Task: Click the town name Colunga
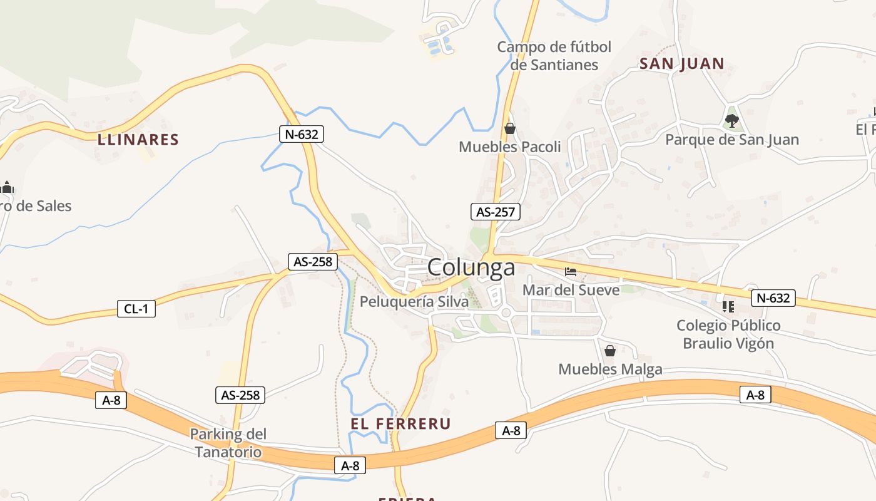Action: (471, 267)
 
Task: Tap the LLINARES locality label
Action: (138, 140)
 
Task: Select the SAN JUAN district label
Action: (681, 63)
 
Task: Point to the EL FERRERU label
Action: (400, 424)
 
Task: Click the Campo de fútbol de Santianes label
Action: (554, 56)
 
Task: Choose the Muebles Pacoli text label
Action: (509, 147)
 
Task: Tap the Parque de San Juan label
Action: (731, 140)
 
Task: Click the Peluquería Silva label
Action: (414, 302)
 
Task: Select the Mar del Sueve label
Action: (571, 290)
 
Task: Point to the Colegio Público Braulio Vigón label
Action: (728, 334)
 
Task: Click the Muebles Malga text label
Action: (610, 369)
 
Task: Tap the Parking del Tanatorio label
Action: (228, 443)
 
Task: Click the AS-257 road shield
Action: (496, 212)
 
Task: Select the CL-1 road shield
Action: (136, 308)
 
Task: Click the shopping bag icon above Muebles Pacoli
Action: (510, 128)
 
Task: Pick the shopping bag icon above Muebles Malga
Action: (610, 351)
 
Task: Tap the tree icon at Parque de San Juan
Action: (731, 120)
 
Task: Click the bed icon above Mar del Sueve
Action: (571, 272)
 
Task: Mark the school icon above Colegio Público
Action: (728, 307)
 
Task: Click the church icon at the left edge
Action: (7, 187)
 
